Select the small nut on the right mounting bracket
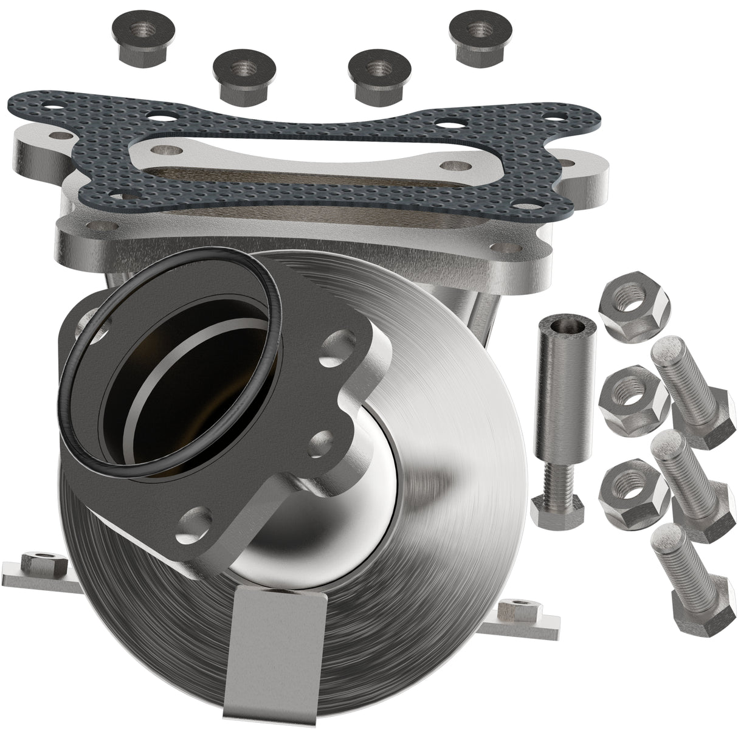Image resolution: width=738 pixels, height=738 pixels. click(517, 608)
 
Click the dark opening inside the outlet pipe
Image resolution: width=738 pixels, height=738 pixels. click(182, 389)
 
